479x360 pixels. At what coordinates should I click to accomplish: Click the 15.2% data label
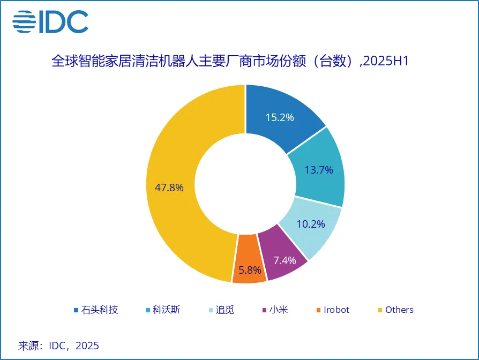280,117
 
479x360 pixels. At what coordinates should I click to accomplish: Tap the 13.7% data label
319,170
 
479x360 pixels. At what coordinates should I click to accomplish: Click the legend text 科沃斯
169,310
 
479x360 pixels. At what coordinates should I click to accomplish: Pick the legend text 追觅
226,310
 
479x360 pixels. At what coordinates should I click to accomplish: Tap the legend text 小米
279,310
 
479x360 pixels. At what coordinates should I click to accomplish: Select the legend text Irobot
336,310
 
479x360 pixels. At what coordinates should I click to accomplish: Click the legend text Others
399,310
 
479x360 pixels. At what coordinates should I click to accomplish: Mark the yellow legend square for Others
380,310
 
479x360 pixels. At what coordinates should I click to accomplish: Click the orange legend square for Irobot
319,310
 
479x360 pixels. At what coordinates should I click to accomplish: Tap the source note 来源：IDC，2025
59,345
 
